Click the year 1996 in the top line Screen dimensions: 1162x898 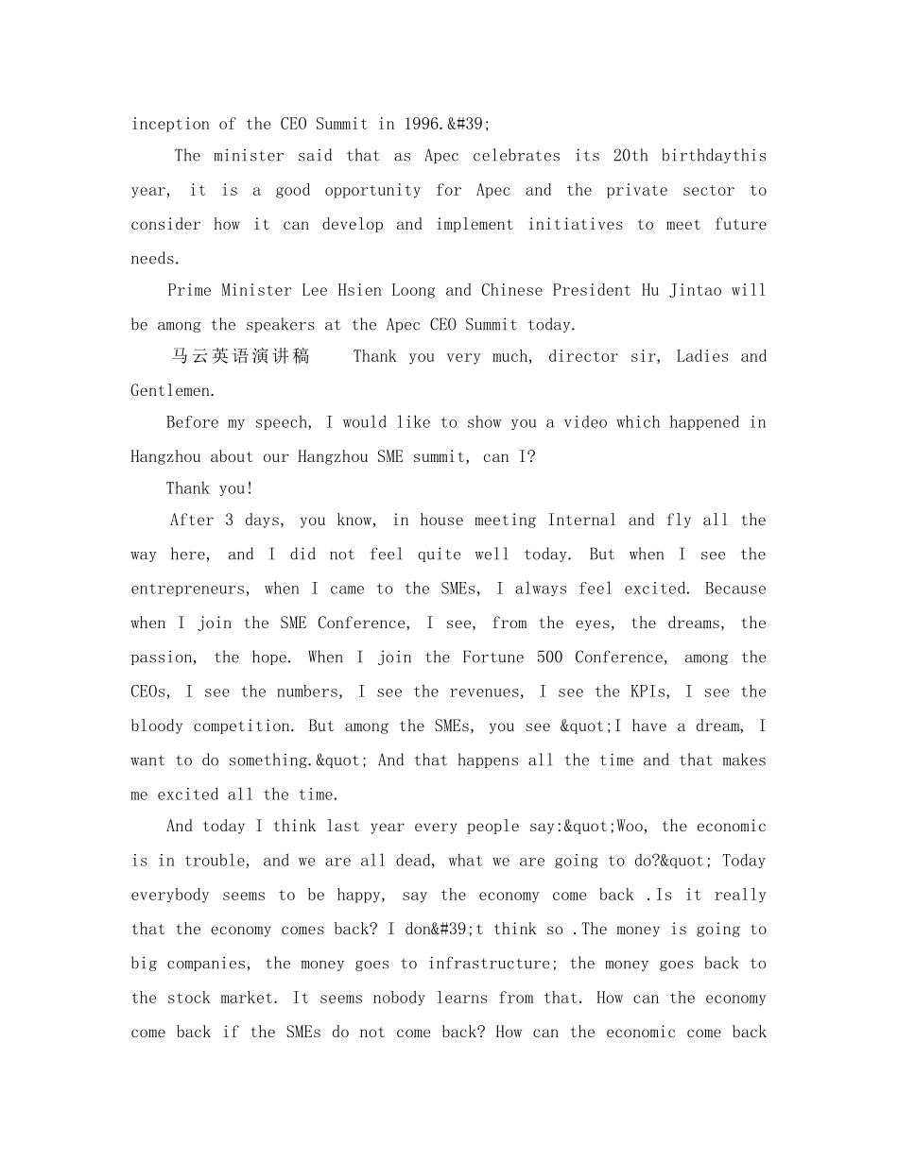[423, 124]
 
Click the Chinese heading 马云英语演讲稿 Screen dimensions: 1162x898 [240, 357]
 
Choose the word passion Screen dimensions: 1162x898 [164, 658]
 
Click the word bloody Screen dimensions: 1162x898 [157, 726]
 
